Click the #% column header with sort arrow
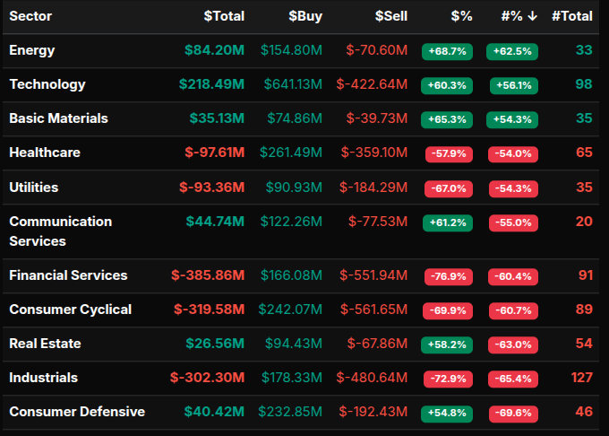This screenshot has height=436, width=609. (519, 16)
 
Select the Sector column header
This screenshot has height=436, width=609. (30, 16)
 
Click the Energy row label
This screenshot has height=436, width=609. (32, 50)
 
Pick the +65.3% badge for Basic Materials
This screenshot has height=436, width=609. (447, 119)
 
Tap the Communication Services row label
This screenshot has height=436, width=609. (60, 231)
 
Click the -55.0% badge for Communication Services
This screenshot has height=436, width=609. (512, 222)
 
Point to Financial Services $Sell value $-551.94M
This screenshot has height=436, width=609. (373, 275)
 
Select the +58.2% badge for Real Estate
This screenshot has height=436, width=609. (447, 344)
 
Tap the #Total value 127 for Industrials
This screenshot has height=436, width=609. (581, 378)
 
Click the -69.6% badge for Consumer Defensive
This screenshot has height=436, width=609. (512, 414)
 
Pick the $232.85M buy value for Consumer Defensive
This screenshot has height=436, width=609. (290, 412)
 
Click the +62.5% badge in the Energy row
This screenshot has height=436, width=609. (512, 51)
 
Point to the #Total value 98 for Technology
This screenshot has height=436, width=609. (584, 84)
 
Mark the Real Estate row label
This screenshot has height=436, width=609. (45, 344)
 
